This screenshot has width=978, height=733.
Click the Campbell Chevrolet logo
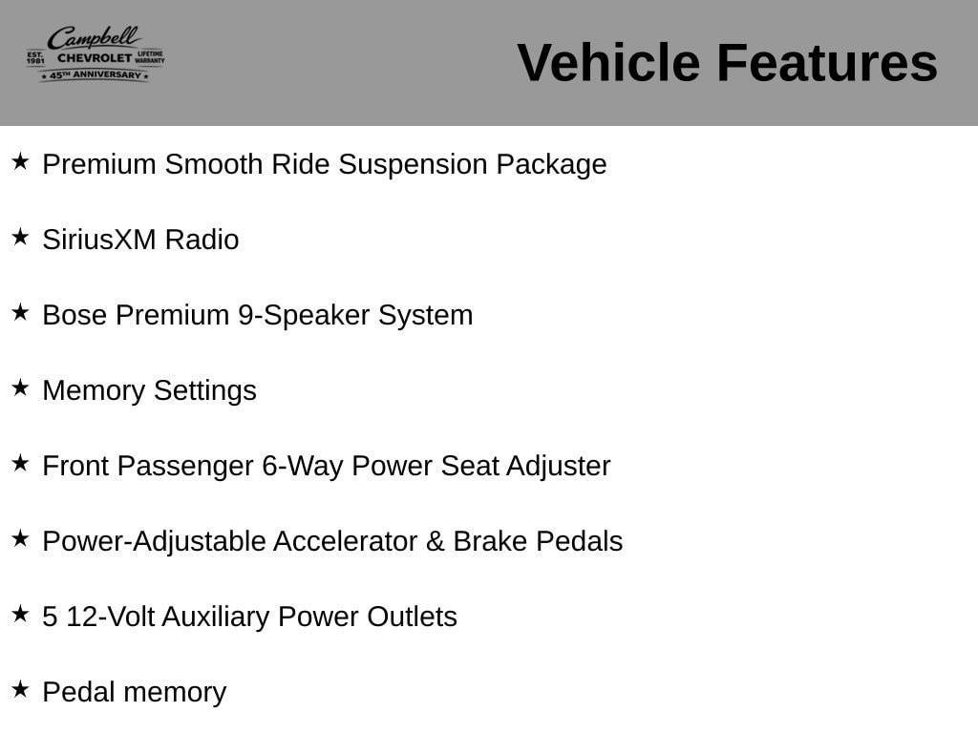click(x=96, y=54)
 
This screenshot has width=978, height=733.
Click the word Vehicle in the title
click(x=608, y=63)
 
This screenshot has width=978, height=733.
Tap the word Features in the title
click(x=827, y=63)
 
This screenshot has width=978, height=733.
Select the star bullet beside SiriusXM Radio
click(x=21, y=237)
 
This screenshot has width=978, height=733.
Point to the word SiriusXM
click(x=99, y=240)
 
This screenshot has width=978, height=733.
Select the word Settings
click(x=205, y=391)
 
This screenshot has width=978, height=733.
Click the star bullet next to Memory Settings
click(x=21, y=387)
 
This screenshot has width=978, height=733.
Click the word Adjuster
click(x=558, y=467)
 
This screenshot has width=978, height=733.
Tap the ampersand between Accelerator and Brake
click(x=436, y=542)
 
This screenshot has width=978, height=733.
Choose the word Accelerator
click(x=345, y=542)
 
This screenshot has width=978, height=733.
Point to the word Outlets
click(x=413, y=618)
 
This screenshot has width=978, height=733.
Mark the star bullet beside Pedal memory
click(x=21, y=689)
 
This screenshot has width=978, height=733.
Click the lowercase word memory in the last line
click(x=177, y=694)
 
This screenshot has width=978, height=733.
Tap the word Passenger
click(x=185, y=467)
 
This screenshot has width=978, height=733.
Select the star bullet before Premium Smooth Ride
click(x=21, y=161)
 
